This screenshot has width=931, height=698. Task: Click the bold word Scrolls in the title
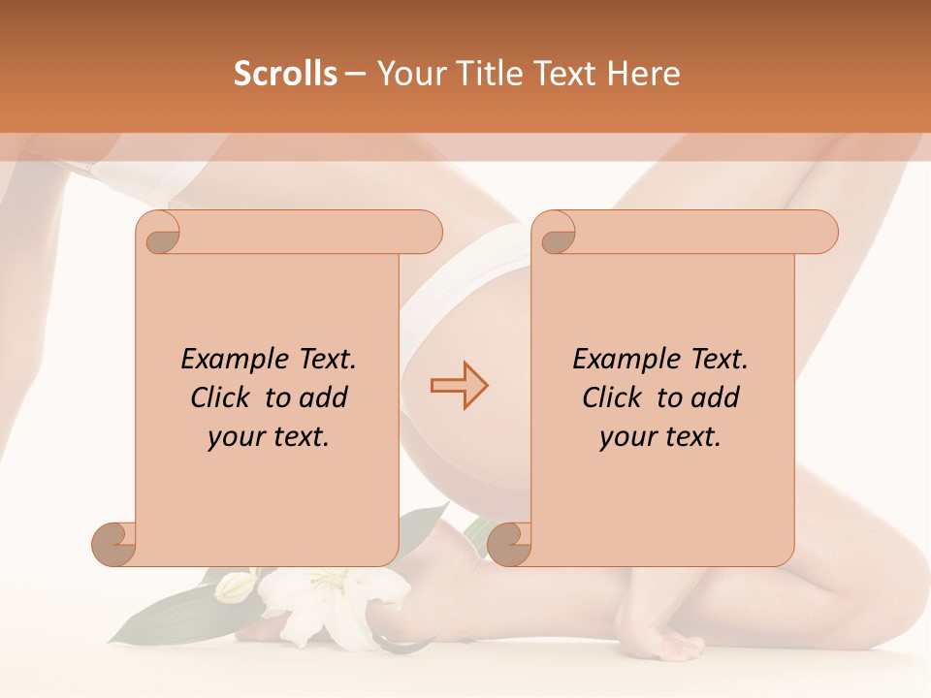pos(285,74)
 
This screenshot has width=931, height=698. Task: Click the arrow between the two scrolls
pos(460,386)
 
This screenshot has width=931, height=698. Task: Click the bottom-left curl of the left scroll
pos(114,543)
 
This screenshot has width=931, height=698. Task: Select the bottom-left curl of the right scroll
pos(510,543)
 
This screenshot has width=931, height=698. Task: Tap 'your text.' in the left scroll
pos(269,437)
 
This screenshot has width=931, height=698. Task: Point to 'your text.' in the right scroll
pos(660,437)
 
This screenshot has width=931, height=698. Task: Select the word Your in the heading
pos(404,74)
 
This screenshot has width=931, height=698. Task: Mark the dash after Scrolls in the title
pos(355,74)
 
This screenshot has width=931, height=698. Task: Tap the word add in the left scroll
pos(324,397)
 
